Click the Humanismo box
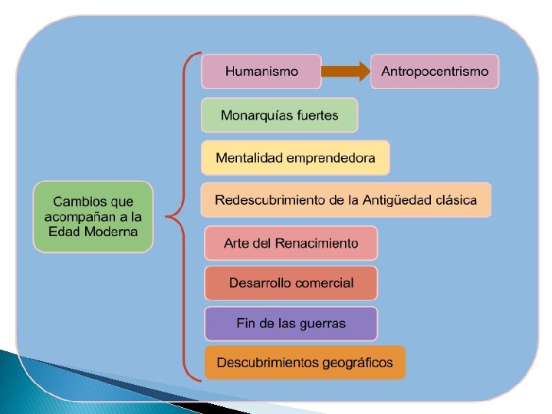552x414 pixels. coord(261,71)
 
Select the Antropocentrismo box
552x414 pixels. coord(435,71)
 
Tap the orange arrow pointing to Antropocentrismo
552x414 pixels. coord(345,72)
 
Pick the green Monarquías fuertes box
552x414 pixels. coord(280,116)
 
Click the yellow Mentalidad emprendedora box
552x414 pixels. coord(295,158)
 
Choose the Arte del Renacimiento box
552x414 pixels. coord(291,243)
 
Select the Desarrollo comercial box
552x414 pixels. coord(291,283)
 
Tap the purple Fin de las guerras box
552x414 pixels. coord(291,323)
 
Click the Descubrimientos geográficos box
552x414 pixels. coord(304,363)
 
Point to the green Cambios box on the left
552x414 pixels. coord(93,217)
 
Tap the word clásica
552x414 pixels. coord(455,200)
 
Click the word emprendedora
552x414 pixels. coord(331,159)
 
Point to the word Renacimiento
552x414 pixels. coord(318,243)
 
